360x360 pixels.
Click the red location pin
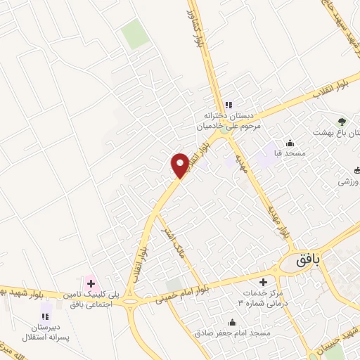click(x=180, y=165)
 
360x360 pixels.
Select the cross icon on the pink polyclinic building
click(x=91, y=283)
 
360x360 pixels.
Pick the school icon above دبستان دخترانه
click(x=228, y=105)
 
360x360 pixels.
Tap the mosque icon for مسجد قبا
click(x=290, y=143)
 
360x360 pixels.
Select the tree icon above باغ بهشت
click(x=343, y=122)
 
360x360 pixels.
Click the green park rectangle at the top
click(x=135, y=34)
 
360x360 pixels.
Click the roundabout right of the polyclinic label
click(x=130, y=303)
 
